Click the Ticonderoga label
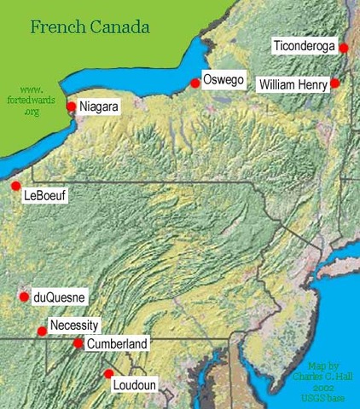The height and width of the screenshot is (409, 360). click(x=304, y=47)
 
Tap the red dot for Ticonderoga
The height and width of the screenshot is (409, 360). click(x=343, y=49)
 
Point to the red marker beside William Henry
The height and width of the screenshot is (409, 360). click(x=335, y=83)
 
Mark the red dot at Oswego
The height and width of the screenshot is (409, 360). click(x=195, y=83)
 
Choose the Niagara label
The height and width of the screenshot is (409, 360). click(x=96, y=107)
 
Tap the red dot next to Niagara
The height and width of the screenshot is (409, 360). click(x=72, y=107)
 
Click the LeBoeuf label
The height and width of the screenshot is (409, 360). click(x=45, y=196)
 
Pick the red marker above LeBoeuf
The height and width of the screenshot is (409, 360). click(x=15, y=185)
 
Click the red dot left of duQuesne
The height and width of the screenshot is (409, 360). click(x=24, y=297)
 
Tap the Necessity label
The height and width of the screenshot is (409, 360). click(x=75, y=325)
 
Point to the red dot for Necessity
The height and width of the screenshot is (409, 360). click(x=42, y=331)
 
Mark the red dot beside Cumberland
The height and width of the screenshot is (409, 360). click(x=78, y=343)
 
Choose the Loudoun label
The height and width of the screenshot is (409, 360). click(x=135, y=386)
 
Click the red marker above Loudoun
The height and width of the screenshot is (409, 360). click(x=108, y=373)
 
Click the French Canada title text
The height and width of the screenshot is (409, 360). click(x=90, y=26)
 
